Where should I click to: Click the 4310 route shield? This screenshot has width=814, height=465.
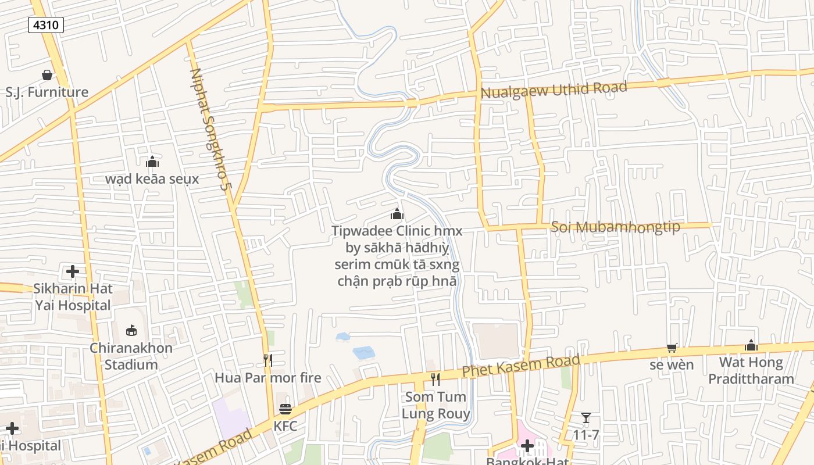click(45, 25)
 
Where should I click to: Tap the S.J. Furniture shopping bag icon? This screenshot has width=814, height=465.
click(47, 75)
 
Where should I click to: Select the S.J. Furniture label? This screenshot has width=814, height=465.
click(47, 92)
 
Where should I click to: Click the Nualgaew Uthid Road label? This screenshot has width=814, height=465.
click(554, 90)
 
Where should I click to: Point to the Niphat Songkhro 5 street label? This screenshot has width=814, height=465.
click(208, 129)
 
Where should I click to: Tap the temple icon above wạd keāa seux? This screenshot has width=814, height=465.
click(152, 162)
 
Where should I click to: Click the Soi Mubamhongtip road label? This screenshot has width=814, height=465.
click(615, 227)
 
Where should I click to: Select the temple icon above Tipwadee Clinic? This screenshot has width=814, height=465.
click(397, 214)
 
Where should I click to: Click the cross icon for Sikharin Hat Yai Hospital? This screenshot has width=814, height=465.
click(73, 271)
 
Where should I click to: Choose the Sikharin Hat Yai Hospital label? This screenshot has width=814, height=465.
click(73, 297)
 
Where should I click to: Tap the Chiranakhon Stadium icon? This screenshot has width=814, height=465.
click(131, 331)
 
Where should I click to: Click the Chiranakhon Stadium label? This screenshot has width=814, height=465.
click(131, 356)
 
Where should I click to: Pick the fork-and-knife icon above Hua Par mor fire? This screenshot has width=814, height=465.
click(267, 360)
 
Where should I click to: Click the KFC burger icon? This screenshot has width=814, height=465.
click(285, 409)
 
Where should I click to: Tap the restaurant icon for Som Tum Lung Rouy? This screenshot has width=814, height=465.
click(435, 380)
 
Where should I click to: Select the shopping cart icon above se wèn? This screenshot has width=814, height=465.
click(672, 348)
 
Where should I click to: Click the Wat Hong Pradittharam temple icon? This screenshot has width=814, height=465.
click(751, 345)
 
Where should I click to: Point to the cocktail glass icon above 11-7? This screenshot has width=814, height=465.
click(585, 418)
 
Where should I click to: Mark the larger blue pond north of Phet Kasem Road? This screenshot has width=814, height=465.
click(364, 352)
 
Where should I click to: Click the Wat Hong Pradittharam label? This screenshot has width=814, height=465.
click(756, 371)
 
